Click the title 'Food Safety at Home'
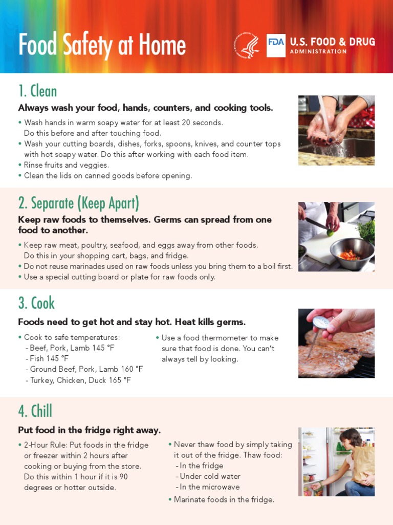point(102,46)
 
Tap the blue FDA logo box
point(276,46)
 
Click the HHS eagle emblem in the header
point(247,46)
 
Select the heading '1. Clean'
point(37,91)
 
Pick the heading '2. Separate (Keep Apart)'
point(78,203)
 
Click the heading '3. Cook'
point(36,303)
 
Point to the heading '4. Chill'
point(35,411)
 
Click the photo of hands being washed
point(336,130)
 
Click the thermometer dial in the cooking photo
point(321,322)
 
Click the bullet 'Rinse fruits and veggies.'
point(67,165)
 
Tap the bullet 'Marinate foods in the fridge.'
point(224,499)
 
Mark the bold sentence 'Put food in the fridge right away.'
point(90,430)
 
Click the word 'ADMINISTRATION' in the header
point(318,52)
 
